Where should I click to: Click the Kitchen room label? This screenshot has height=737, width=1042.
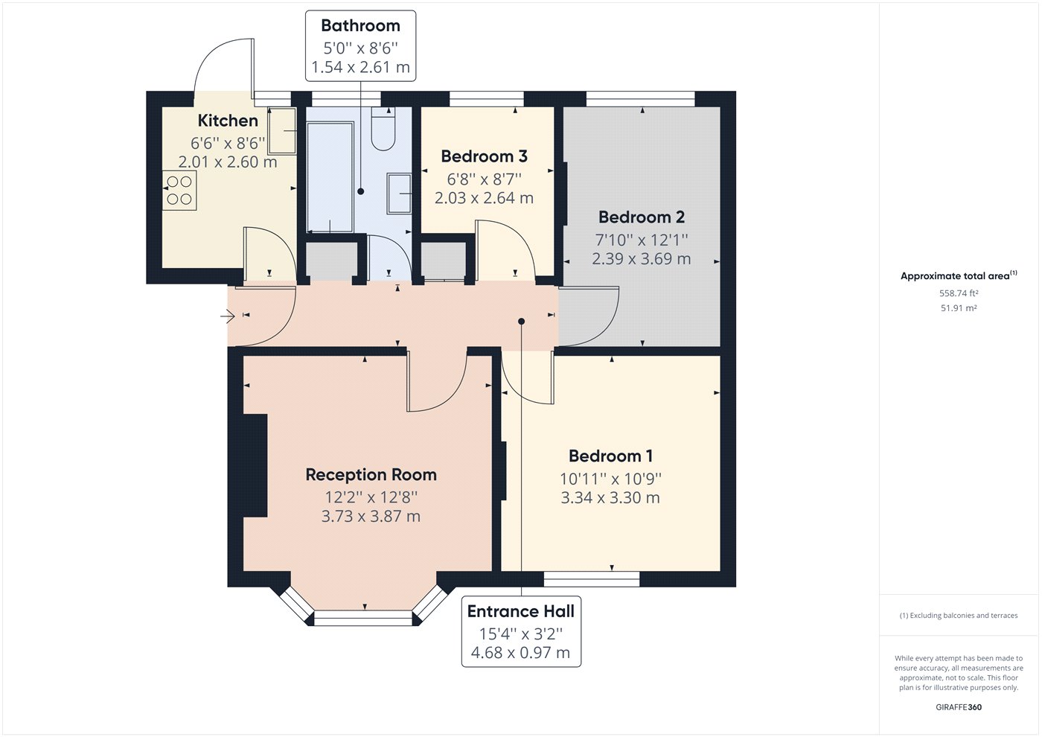coord(228,121)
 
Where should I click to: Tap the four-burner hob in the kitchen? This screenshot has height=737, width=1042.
coord(179,191)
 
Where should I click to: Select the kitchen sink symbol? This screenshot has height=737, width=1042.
coord(282,130)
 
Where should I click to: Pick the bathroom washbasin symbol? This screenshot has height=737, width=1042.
coord(400,194)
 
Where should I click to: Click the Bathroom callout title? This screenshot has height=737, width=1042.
coord(360,25)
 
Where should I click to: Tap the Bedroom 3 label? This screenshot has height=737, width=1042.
coord(484,156)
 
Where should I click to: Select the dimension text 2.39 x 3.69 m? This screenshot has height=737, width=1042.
coord(641,259)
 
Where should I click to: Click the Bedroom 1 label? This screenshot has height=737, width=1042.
coord(610,456)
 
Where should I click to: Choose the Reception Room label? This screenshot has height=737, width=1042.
coord(371,475)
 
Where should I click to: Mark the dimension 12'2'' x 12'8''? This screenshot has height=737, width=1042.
coord(371,497)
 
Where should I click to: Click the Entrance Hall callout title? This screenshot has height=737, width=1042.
coord(520,612)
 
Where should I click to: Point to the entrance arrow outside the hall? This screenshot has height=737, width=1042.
coord(228,317)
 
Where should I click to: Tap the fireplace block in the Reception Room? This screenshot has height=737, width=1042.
coord(255,465)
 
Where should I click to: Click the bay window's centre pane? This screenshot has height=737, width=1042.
coord(363,617)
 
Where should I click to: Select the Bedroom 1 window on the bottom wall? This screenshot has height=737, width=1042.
coord(591,578)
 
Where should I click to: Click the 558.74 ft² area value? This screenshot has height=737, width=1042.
coord(959,293)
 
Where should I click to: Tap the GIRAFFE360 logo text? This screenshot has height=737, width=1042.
coord(958,707)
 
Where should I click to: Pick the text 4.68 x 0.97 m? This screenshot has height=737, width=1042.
coord(520,653)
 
